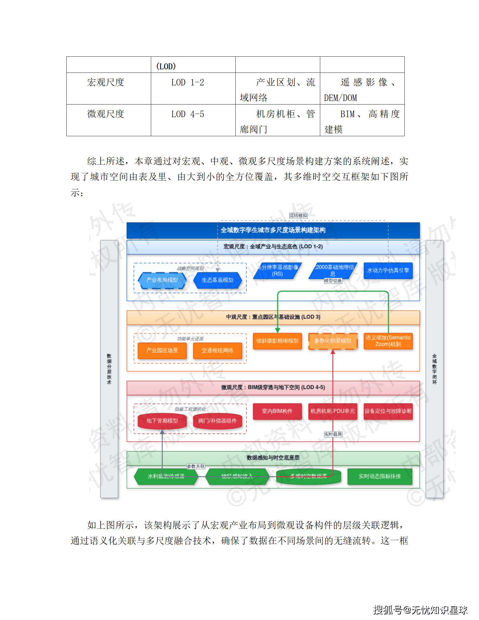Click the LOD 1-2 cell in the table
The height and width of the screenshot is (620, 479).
(188, 82)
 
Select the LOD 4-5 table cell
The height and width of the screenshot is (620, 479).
(188, 114)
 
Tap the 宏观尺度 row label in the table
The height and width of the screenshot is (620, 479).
(106, 82)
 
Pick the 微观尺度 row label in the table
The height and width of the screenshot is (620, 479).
(106, 114)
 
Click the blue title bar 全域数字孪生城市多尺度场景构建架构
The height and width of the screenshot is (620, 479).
(273, 230)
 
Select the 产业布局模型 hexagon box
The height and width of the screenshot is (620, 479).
(162, 280)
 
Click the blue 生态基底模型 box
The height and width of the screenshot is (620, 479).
(217, 280)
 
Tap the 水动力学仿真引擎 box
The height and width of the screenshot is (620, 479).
(388, 270)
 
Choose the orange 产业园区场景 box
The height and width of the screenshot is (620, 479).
(162, 350)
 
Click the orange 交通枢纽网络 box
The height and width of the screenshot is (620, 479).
(217, 350)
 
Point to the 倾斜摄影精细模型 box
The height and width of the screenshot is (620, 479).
(277, 341)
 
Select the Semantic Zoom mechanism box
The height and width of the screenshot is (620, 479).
(388, 341)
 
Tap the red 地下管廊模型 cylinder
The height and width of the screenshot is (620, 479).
(162, 421)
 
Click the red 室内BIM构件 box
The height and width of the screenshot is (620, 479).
(277, 411)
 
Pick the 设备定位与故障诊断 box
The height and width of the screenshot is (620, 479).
(388, 411)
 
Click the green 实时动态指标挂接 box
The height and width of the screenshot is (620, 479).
(380, 476)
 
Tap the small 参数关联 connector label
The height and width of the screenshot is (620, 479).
(196, 466)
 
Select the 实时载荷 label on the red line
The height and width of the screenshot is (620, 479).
(333, 434)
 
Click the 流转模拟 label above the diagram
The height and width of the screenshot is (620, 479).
(298, 215)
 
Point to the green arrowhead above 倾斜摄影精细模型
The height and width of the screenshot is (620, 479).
(278, 330)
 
